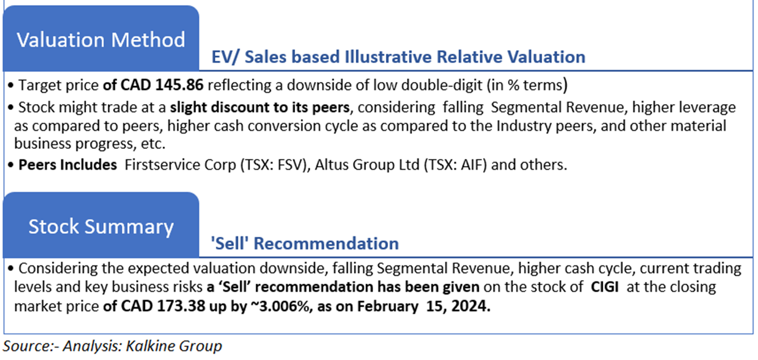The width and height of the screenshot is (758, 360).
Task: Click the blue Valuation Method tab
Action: (101, 38)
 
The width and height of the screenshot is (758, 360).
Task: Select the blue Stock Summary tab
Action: (101, 225)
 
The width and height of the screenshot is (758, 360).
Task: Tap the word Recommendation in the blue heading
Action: (326, 243)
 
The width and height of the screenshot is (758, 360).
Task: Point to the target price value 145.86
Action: (179, 85)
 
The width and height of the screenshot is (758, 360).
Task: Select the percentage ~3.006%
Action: (282, 306)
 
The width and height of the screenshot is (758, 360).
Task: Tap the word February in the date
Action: (388, 307)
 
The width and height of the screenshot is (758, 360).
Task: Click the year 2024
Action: (470, 306)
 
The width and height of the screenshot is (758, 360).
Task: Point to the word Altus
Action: (331, 165)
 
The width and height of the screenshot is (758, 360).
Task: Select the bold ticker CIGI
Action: (604, 287)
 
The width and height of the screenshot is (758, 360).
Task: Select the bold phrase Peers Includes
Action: (67, 165)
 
